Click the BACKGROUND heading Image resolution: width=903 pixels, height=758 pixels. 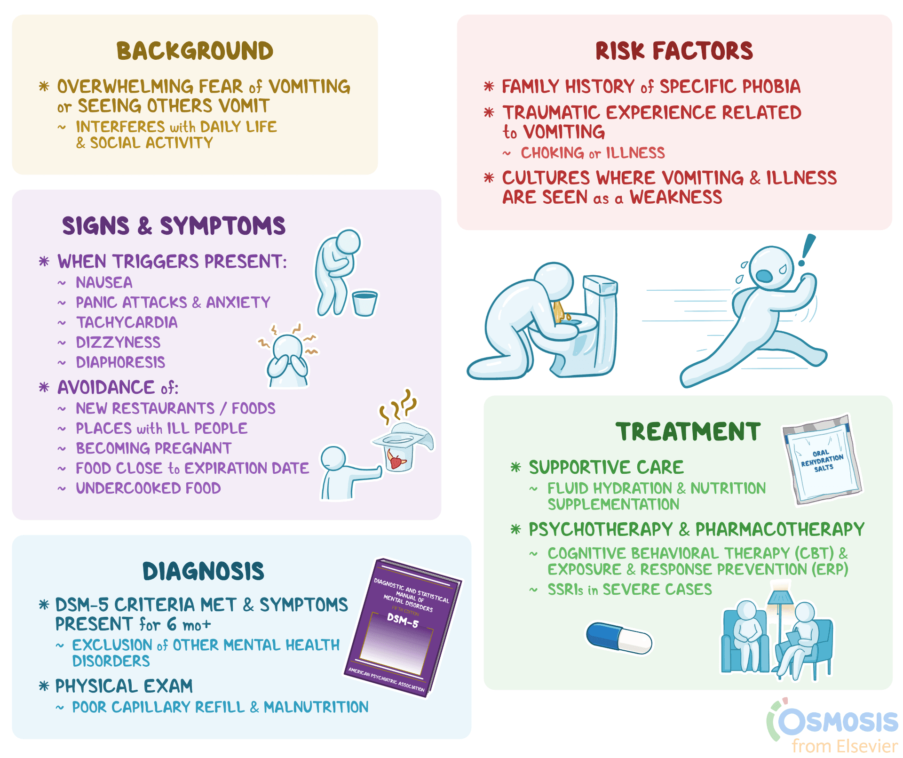point(195,51)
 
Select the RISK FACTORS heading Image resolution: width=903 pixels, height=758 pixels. point(674,51)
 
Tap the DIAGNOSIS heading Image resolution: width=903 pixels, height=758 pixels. point(203,571)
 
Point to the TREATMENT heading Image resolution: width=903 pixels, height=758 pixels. point(688,431)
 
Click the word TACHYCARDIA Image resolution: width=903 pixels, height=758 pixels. point(127,322)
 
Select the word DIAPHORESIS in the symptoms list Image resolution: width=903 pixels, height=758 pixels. point(120,362)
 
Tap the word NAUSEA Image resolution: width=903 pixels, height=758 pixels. point(104,282)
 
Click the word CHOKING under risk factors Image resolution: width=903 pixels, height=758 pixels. point(552,153)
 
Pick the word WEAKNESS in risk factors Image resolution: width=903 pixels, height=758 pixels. point(676,197)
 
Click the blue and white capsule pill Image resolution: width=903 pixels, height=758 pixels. point(619,638)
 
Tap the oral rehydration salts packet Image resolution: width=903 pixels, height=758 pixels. point(822,459)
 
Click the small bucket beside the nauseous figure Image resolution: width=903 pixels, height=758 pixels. point(364,303)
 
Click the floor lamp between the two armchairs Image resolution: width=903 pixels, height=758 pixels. point(781,626)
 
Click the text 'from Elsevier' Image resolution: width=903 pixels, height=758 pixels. point(845,746)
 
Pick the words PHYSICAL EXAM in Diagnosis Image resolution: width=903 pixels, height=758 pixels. point(124,686)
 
